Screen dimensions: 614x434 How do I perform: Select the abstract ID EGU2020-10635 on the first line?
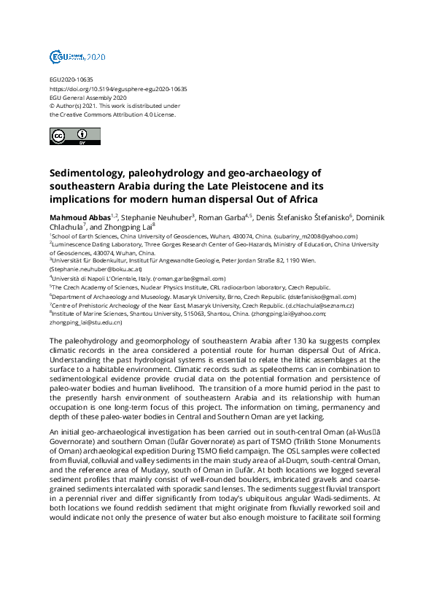71,79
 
